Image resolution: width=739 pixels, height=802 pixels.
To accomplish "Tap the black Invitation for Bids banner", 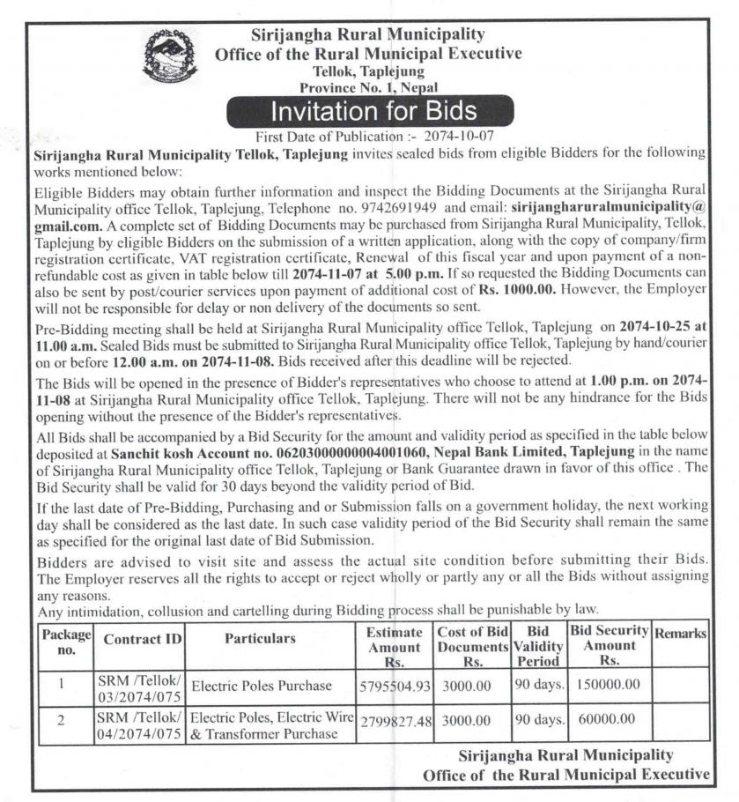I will [373, 112].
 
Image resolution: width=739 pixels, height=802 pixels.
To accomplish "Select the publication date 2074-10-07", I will [462, 137].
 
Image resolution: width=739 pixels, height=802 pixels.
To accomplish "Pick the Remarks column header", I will [681, 634].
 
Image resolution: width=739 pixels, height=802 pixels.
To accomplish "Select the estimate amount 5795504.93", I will [395, 686].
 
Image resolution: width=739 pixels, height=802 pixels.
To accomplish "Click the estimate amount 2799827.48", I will [395, 721].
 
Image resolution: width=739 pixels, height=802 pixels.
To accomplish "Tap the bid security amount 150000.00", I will [609, 684].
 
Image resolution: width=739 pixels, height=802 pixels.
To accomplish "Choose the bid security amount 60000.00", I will [607, 719].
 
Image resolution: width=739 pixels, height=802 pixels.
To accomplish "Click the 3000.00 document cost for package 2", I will [467, 720].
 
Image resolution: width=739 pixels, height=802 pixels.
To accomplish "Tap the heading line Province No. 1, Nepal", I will [368, 88].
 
